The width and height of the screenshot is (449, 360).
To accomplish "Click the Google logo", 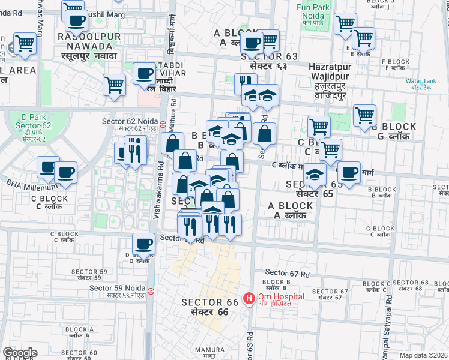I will (x=20, y=353).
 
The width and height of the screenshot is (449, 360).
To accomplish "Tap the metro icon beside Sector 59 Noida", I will (x=151, y=291).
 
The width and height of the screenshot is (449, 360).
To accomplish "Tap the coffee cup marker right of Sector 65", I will (x=349, y=172).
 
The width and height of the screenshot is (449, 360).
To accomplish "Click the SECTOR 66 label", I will (x=210, y=307).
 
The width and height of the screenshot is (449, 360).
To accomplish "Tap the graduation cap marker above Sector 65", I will (x=314, y=174).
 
